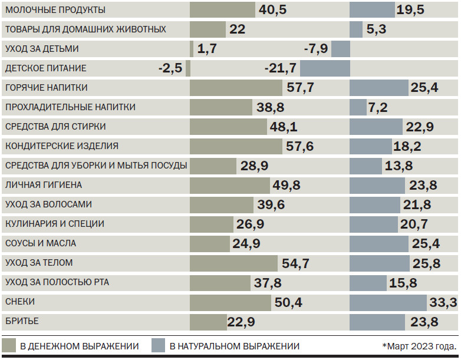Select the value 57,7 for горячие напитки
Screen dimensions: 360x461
click(300, 88)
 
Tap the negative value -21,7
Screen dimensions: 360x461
click(280, 68)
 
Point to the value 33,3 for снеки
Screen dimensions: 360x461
click(444, 302)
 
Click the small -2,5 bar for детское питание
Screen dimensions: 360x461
click(188, 68)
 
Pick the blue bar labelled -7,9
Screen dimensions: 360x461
click(341, 49)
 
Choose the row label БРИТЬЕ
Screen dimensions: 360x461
click(22, 321)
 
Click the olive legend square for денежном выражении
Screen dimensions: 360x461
click(9, 346)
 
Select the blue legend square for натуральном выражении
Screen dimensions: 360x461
click(158, 346)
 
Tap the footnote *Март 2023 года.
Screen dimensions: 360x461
click(419, 346)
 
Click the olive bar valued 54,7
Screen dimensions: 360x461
click(233, 263)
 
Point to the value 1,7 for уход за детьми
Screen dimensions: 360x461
click(208, 49)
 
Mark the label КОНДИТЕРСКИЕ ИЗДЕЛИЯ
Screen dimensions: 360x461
click(62, 146)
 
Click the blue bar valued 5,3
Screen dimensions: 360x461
click(356, 29)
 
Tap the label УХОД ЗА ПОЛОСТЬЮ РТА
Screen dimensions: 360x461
click(57, 282)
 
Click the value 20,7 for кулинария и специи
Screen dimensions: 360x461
click(414, 224)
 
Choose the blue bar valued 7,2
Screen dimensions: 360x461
click(358, 107)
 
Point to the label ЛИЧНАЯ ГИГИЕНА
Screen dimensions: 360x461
click(44, 185)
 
